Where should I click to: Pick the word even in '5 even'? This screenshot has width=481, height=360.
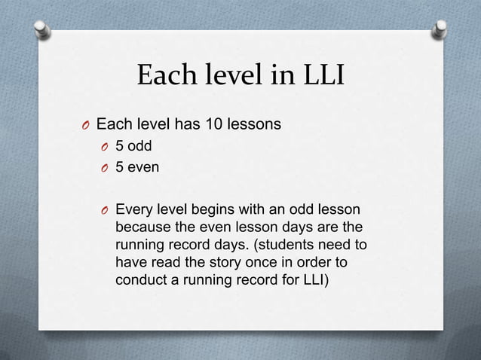tap(143, 166)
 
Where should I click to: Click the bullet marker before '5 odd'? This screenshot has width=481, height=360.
tap(105, 146)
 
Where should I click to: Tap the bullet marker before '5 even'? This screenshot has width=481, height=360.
tap(105, 167)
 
